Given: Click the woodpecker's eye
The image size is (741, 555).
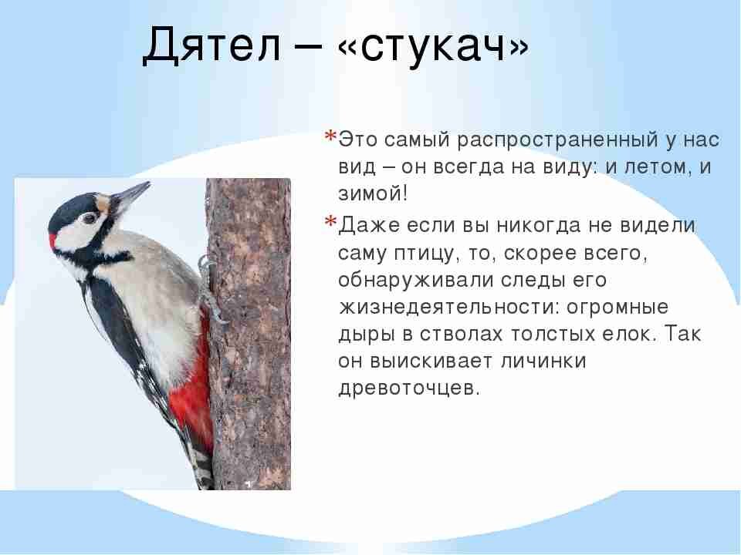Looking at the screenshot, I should (89, 218).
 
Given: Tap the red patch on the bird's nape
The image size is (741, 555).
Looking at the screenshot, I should (53, 240).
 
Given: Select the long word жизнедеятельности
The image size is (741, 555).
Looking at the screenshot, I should (447, 306).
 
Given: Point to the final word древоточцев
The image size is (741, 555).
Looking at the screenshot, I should (409, 387).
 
